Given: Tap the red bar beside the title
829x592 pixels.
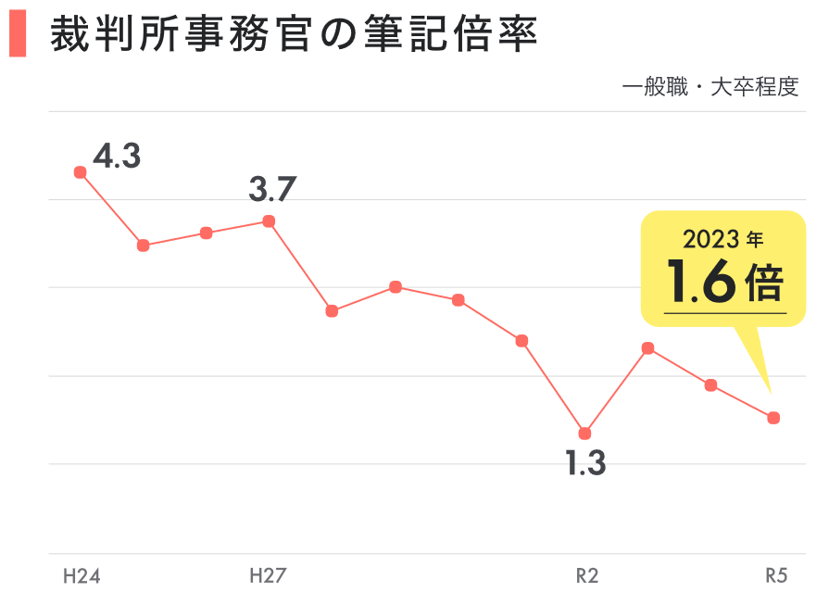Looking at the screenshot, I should point(17,36).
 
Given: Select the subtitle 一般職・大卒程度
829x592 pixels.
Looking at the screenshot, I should point(710,88).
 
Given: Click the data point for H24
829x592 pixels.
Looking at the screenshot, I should point(81,172).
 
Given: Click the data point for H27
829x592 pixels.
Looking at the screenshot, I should point(269,221).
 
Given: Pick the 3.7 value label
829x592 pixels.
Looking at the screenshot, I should point(272,190).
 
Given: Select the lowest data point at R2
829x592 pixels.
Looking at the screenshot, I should point(584,434).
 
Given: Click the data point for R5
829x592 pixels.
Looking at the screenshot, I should point(773,418).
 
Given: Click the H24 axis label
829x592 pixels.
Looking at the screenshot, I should point(82,576).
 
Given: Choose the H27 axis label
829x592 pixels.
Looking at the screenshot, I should point(268,576).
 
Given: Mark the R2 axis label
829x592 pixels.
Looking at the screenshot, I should point(587,576).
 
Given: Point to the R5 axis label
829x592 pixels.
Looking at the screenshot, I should point(776,576).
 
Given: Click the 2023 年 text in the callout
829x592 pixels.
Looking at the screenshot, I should point(723,240).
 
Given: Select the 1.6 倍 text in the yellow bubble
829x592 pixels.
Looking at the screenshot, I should point(725,283).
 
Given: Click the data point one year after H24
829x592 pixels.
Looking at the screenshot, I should point(144,246).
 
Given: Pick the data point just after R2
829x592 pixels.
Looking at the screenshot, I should point(648,348).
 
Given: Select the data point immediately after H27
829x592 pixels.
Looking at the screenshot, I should point(332,311).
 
